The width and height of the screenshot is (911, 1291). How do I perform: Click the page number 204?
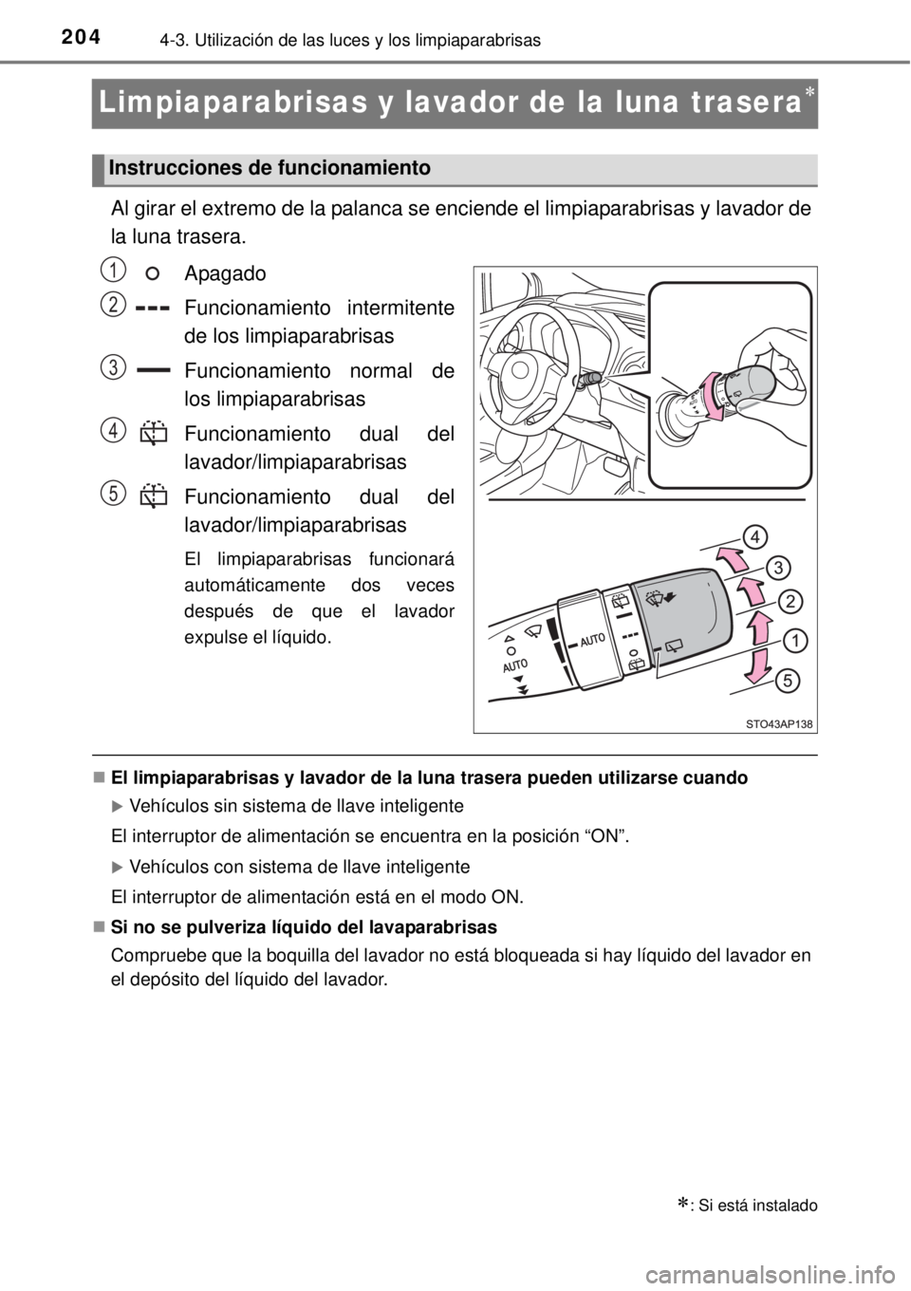(x=81, y=37)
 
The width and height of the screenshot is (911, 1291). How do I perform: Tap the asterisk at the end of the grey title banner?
(x=809, y=93)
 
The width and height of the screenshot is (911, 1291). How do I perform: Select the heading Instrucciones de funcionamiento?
(x=270, y=168)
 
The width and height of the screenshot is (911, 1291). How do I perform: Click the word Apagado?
(x=225, y=273)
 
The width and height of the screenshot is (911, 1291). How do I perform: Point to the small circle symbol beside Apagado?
(x=152, y=273)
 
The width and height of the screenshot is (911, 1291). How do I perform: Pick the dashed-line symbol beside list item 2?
(x=154, y=309)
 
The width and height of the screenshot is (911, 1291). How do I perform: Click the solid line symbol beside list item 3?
(x=154, y=372)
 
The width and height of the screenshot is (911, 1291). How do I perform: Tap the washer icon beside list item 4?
(x=154, y=433)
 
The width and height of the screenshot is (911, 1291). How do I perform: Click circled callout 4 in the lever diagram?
(x=754, y=537)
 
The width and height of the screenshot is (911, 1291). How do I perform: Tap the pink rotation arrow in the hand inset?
(x=709, y=397)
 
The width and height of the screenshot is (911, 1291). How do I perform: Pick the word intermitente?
(x=400, y=309)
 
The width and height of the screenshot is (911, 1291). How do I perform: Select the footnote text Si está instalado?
(x=757, y=1207)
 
